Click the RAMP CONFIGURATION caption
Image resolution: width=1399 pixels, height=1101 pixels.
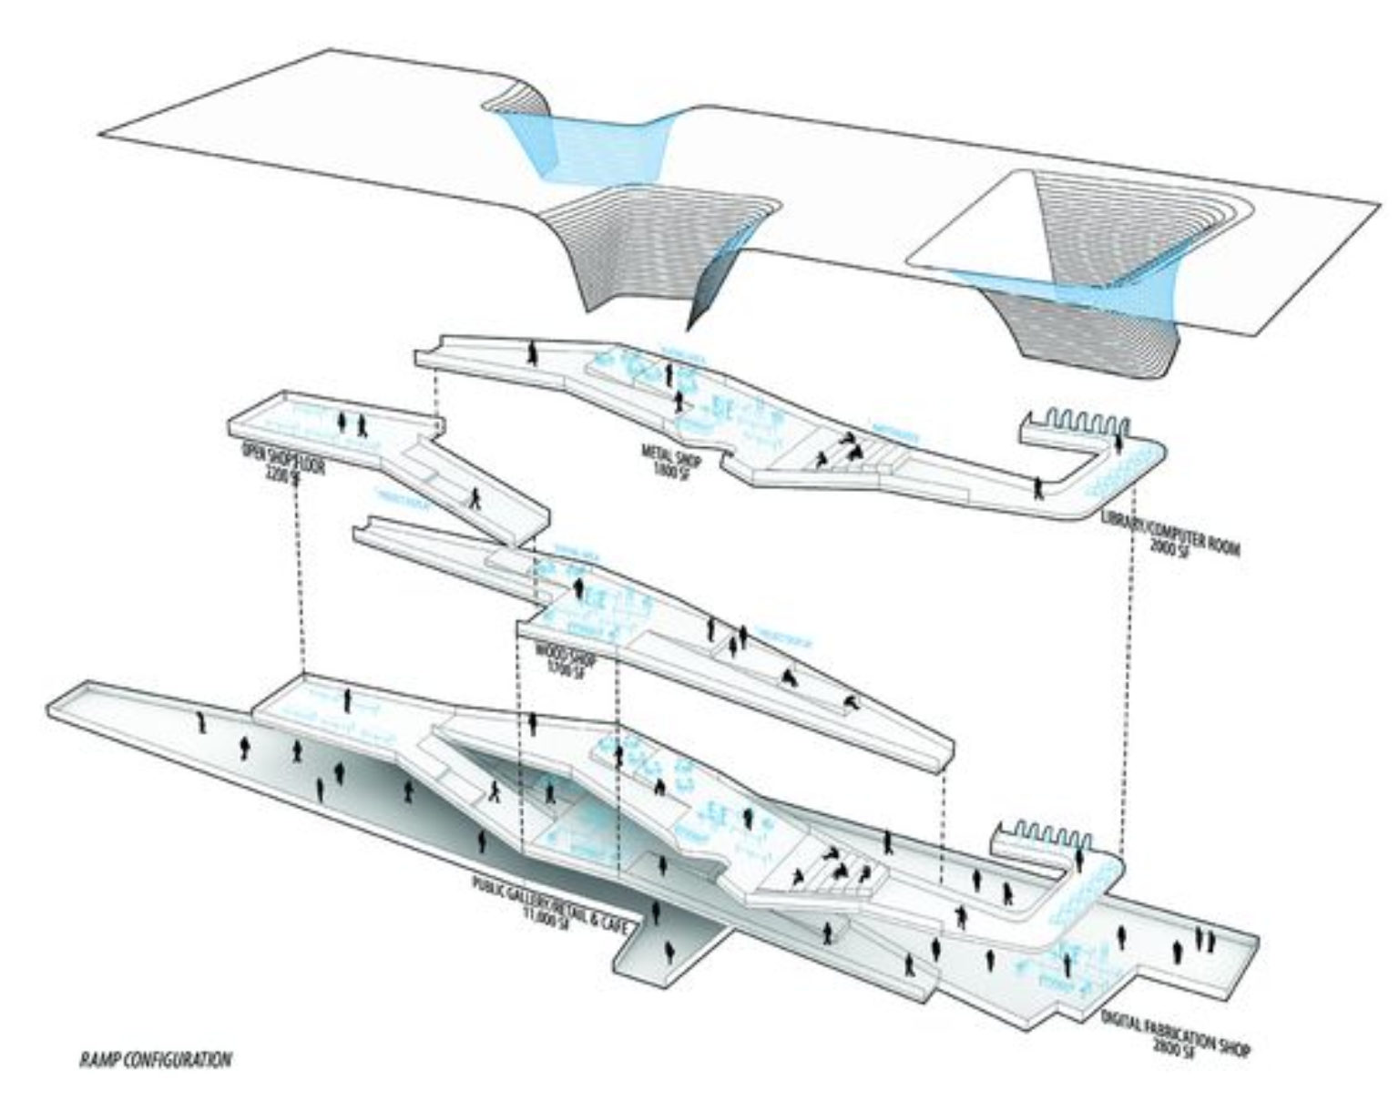pyautogui.click(x=155, y=1059)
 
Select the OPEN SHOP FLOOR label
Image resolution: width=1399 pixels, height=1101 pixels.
pyautogui.click(x=282, y=456)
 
